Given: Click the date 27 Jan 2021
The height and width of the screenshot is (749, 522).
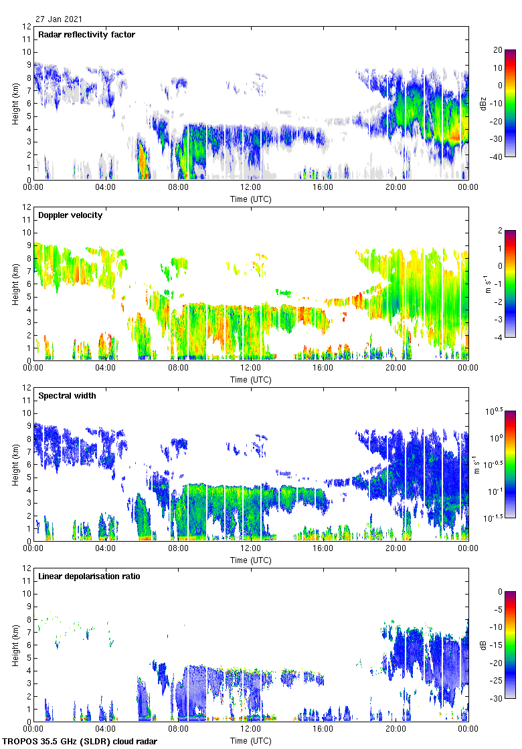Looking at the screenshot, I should coord(59,19).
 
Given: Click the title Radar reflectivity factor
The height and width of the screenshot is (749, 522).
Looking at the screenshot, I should coord(87,35).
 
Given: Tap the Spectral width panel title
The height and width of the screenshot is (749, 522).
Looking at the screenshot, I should coord(67,396).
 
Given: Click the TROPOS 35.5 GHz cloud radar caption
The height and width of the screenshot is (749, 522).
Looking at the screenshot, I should coord(81,742).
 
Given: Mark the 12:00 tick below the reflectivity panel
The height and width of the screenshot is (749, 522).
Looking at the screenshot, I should coord(250,188).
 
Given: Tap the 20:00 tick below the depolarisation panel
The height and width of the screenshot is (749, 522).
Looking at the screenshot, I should coord(396,730).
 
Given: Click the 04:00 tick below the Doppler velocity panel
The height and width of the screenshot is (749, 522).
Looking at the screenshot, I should coord(106,368).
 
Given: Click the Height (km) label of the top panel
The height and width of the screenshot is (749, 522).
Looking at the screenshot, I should coord(15,104).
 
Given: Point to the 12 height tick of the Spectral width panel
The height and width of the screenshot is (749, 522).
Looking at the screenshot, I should coord(27,388).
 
